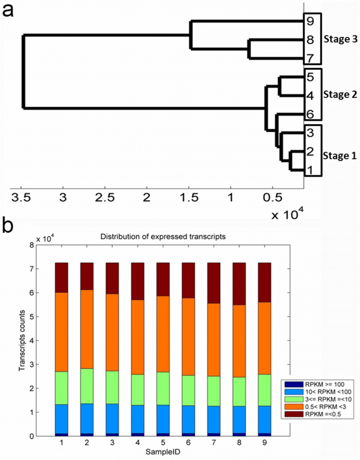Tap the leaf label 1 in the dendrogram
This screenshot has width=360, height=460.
[311, 170]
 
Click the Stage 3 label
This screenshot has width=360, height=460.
[340, 40]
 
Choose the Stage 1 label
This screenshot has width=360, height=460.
[340, 155]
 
